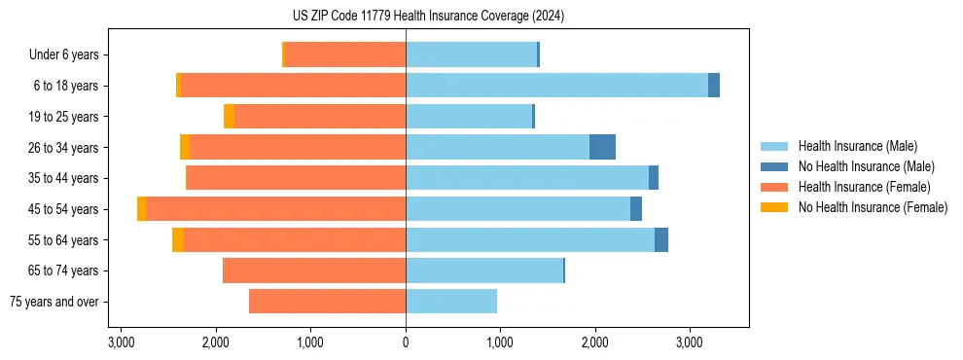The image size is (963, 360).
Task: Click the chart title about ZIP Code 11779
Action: [428, 17]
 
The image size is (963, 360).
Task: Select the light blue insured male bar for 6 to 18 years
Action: [556, 86]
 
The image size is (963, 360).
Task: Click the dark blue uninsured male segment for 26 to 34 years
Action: [602, 147]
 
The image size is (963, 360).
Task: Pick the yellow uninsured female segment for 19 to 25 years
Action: [229, 117]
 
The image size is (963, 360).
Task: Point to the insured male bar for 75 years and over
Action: [451, 302]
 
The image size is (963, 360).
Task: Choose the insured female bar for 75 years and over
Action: [327, 302]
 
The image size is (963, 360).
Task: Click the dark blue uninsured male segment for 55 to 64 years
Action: [661, 240]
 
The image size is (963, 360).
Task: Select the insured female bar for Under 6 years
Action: [344, 54]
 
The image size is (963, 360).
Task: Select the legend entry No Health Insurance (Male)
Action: [866, 167]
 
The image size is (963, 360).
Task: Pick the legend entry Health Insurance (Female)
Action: [864, 187]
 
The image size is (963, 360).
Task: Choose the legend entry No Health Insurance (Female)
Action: [873, 207]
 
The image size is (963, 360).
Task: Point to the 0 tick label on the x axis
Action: [406, 343]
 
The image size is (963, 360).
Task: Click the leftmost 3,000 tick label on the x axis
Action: [121, 343]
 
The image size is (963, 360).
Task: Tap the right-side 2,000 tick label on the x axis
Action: [595, 343]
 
